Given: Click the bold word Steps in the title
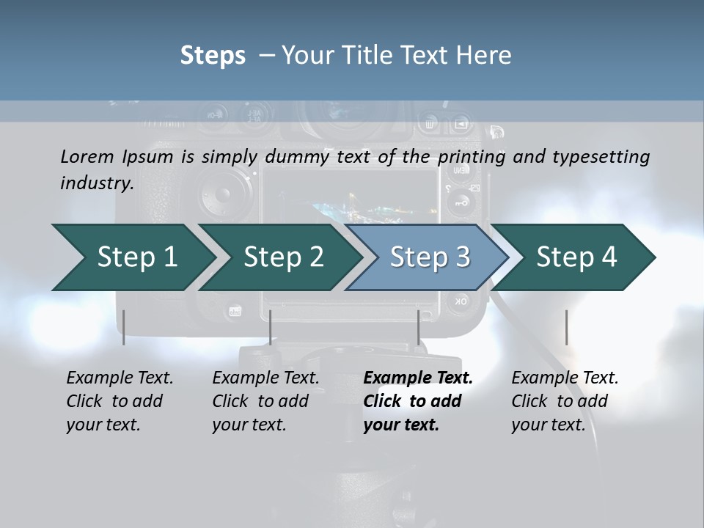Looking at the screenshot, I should (x=213, y=55).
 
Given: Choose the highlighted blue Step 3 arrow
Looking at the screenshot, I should (x=430, y=257).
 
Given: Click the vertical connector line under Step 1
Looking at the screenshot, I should (x=124, y=327).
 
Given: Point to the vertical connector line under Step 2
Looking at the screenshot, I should (x=271, y=327).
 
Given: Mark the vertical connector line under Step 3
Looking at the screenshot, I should (x=419, y=327).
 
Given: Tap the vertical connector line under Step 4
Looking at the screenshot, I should (x=566, y=327).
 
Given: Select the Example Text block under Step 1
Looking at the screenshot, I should (x=120, y=401).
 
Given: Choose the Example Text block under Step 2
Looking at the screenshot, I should (x=265, y=401).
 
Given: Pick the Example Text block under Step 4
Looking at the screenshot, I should (x=564, y=401).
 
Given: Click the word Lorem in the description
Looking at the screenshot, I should (x=87, y=156).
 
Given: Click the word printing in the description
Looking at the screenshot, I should (x=472, y=156).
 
